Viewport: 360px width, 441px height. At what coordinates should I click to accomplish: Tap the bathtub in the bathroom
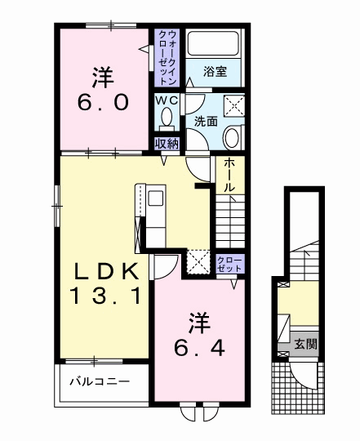tap(211, 44)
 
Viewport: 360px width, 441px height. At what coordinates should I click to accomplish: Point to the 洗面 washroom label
tap(206, 121)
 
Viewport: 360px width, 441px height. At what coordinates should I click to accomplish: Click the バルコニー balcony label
tap(98, 381)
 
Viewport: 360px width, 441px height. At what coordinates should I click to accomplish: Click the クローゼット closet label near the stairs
tap(229, 264)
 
